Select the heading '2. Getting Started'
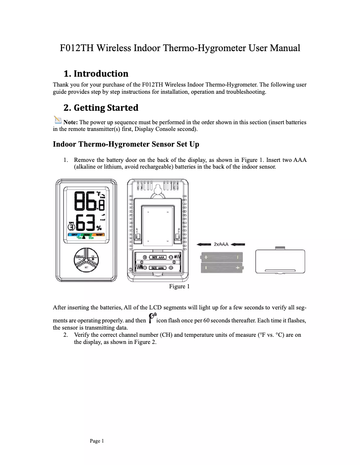point(101,108)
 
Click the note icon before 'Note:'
point(57,120)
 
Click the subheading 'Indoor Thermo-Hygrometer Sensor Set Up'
point(126,144)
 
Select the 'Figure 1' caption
point(179,286)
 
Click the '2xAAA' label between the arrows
point(221,244)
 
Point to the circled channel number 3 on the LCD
point(71,227)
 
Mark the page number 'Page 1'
point(97,441)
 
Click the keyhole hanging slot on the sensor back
point(158,190)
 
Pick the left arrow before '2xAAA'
point(204,244)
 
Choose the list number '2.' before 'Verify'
point(66,335)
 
